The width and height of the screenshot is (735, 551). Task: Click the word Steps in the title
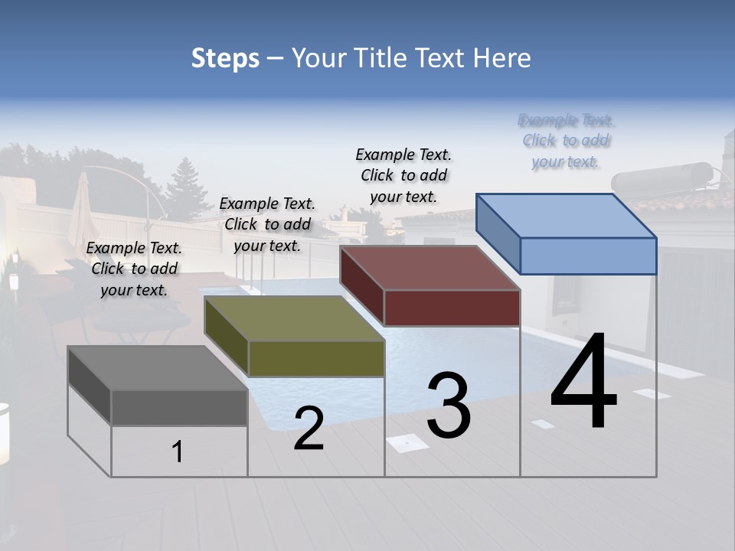[x=225, y=58]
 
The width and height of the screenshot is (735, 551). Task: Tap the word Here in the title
[x=502, y=58]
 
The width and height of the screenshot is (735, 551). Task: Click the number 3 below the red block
[x=449, y=406]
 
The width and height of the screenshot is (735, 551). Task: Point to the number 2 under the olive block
[x=309, y=429]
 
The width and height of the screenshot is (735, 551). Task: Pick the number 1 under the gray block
[x=178, y=452]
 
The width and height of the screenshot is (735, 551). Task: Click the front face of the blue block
[x=588, y=256]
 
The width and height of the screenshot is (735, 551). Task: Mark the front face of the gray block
[x=179, y=407]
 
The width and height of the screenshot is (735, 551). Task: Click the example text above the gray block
[x=134, y=269]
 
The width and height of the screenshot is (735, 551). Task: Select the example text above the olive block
[x=267, y=224]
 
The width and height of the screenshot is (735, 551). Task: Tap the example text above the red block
[x=403, y=175]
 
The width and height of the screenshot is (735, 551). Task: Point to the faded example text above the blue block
[x=566, y=141]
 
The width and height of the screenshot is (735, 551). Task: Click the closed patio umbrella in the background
[x=81, y=210]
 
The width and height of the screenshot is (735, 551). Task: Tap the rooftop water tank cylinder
[x=661, y=178]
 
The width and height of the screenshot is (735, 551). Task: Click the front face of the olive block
[x=315, y=358]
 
